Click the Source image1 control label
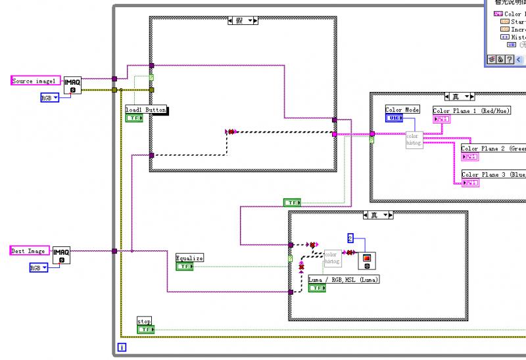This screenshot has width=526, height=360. pos(36,81)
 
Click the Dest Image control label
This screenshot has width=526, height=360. pos(29,251)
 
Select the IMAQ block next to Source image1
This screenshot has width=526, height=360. pos(72,84)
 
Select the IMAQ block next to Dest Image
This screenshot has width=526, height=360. pos(61,255)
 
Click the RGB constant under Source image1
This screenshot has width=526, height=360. pos(49,98)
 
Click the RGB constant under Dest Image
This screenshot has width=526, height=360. pos(39,268)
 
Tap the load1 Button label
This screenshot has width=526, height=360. pos(146,110)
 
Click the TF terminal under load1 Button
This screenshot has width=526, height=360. pos(134,118)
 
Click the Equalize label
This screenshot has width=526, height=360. pos(189,258)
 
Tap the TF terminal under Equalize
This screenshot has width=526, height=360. pos(185,267)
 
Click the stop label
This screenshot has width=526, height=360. pos(144,321)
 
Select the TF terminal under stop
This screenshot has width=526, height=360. pos(145,329)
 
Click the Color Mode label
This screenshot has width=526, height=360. pos(402,110)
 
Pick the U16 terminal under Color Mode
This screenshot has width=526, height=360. pos(394,118)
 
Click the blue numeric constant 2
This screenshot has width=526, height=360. pos(350,238)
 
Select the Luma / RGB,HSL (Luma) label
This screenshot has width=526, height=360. pos(344,279)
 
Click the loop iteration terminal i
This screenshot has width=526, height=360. pos(121,346)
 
